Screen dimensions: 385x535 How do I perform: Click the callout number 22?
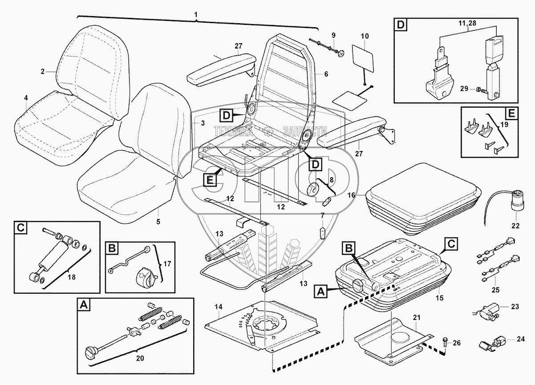point(515,226)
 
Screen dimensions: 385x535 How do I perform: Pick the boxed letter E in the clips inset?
point(511,113)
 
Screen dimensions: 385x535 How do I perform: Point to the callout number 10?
point(365,35)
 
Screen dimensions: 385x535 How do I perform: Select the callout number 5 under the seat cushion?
point(158,220)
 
